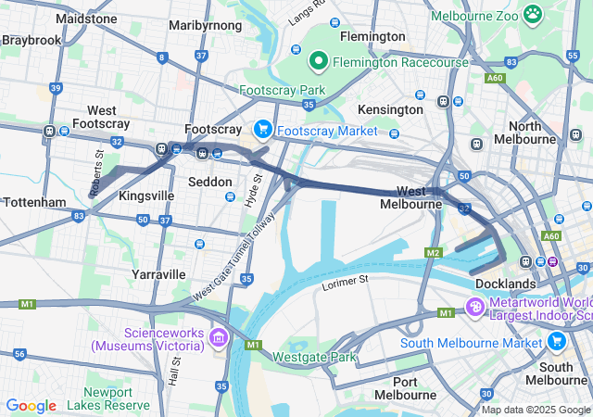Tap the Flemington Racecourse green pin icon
[x=318, y=62]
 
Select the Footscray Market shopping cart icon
[x=262, y=130]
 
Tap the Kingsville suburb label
[x=146, y=197]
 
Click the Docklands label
[x=505, y=283]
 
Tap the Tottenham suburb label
[x=33, y=202]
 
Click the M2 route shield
[x=434, y=252]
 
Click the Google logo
[x=31, y=405]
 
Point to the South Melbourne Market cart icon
[x=556, y=340]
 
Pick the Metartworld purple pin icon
[x=474, y=306]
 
